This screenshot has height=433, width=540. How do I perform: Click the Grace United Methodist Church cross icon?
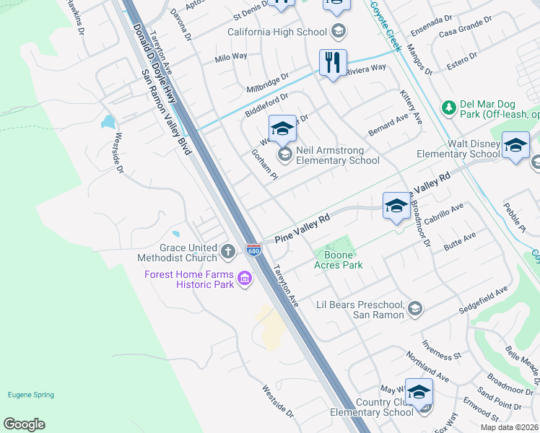point(228,252)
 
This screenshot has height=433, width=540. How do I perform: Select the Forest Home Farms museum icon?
point(245,279)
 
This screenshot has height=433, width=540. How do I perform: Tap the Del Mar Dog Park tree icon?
point(448,108)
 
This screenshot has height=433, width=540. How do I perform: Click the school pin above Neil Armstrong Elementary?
point(282,130)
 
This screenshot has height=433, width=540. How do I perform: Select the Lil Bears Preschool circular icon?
point(414,309)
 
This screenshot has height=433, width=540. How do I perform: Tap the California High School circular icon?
point(339,32)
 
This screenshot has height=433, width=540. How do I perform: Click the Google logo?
point(24,424)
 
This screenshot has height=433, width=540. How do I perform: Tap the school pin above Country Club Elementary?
point(419,393)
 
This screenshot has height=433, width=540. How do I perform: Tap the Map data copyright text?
point(510,427)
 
